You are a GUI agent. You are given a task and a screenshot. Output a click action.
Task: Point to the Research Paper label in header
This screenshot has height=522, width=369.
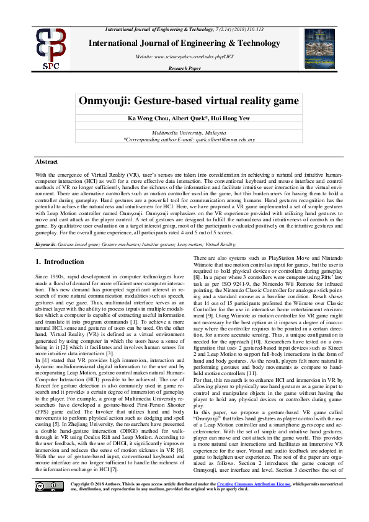click(185, 69)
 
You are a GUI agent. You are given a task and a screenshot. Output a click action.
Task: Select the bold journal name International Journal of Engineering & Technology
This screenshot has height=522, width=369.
click(185, 43)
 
